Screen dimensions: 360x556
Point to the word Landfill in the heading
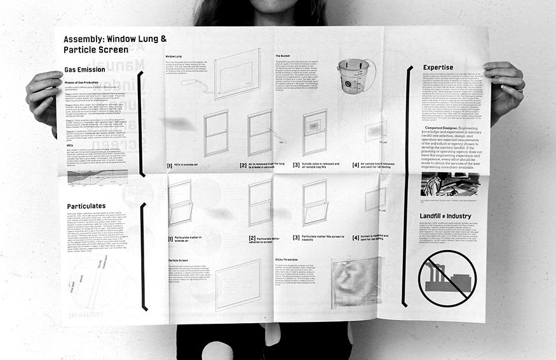click(435, 216)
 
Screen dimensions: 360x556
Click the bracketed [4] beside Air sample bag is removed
click(356, 165)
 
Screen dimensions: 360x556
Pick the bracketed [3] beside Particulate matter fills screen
click(296, 237)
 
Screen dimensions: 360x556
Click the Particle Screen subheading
click(179, 260)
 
